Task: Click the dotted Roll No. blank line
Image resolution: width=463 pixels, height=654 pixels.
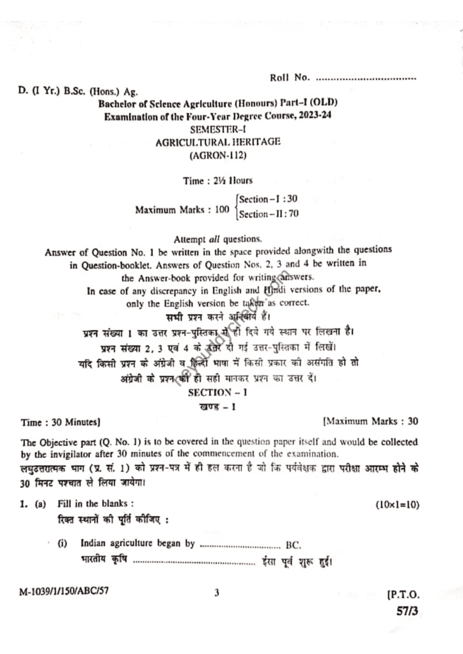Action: point(366,79)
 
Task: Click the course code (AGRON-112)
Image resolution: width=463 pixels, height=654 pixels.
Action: point(217,155)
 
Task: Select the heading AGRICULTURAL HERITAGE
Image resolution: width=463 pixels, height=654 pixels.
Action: point(218,142)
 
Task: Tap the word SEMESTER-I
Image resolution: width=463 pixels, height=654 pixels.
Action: point(217,130)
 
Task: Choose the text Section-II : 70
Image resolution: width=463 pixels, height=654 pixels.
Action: point(269,214)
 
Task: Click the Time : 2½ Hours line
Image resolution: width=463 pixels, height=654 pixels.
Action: point(217,181)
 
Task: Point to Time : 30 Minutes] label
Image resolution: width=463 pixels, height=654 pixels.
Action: point(60,422)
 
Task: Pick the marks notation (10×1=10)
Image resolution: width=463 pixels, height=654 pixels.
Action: point(397,505)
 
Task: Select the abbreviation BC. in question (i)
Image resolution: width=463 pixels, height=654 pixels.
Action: point(294,545)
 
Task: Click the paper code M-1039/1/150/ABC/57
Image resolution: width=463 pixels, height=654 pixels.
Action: point(64,592)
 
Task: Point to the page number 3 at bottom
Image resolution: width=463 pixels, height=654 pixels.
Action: point(217,593)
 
